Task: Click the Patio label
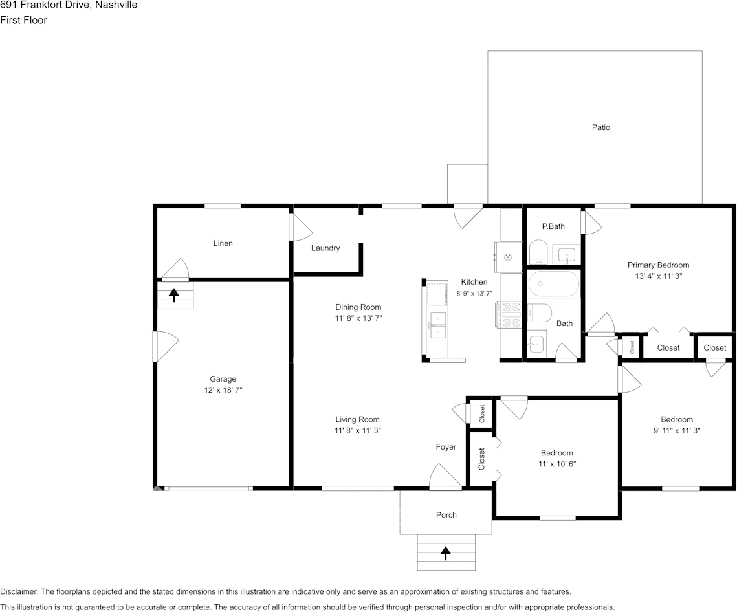tap(600, 127)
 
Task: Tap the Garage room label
tap(223, 379)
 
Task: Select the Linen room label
tap(223, 243)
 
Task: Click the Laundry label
tap(325, 248)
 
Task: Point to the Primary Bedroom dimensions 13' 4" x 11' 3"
tap(659, 276)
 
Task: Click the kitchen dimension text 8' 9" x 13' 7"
tap(474, 293)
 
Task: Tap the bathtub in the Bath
tap(554, 284)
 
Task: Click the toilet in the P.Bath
tap(538, 253)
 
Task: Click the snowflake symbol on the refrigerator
tap(508, 257)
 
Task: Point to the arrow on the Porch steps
tap(445, 553)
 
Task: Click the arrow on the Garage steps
tap(174, 295)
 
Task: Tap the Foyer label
tap(446, 447)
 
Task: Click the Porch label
tap(446, 515)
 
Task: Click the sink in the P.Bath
tap(567, 255)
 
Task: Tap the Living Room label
tap(357, 419)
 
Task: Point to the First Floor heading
tap(23, 20)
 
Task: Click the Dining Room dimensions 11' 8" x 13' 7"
tap(358, 318)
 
